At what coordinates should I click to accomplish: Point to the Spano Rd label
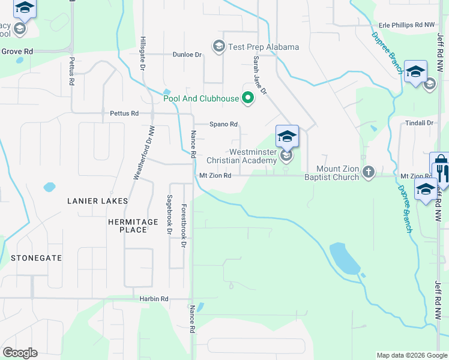[x=224, y=124]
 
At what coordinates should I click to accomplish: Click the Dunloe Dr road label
[x=187, y=55]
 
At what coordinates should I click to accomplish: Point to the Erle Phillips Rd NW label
[x=406, y=25]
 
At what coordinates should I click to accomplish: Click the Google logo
[x=20, y=353]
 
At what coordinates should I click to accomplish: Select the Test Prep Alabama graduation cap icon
[x=219, y=46]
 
